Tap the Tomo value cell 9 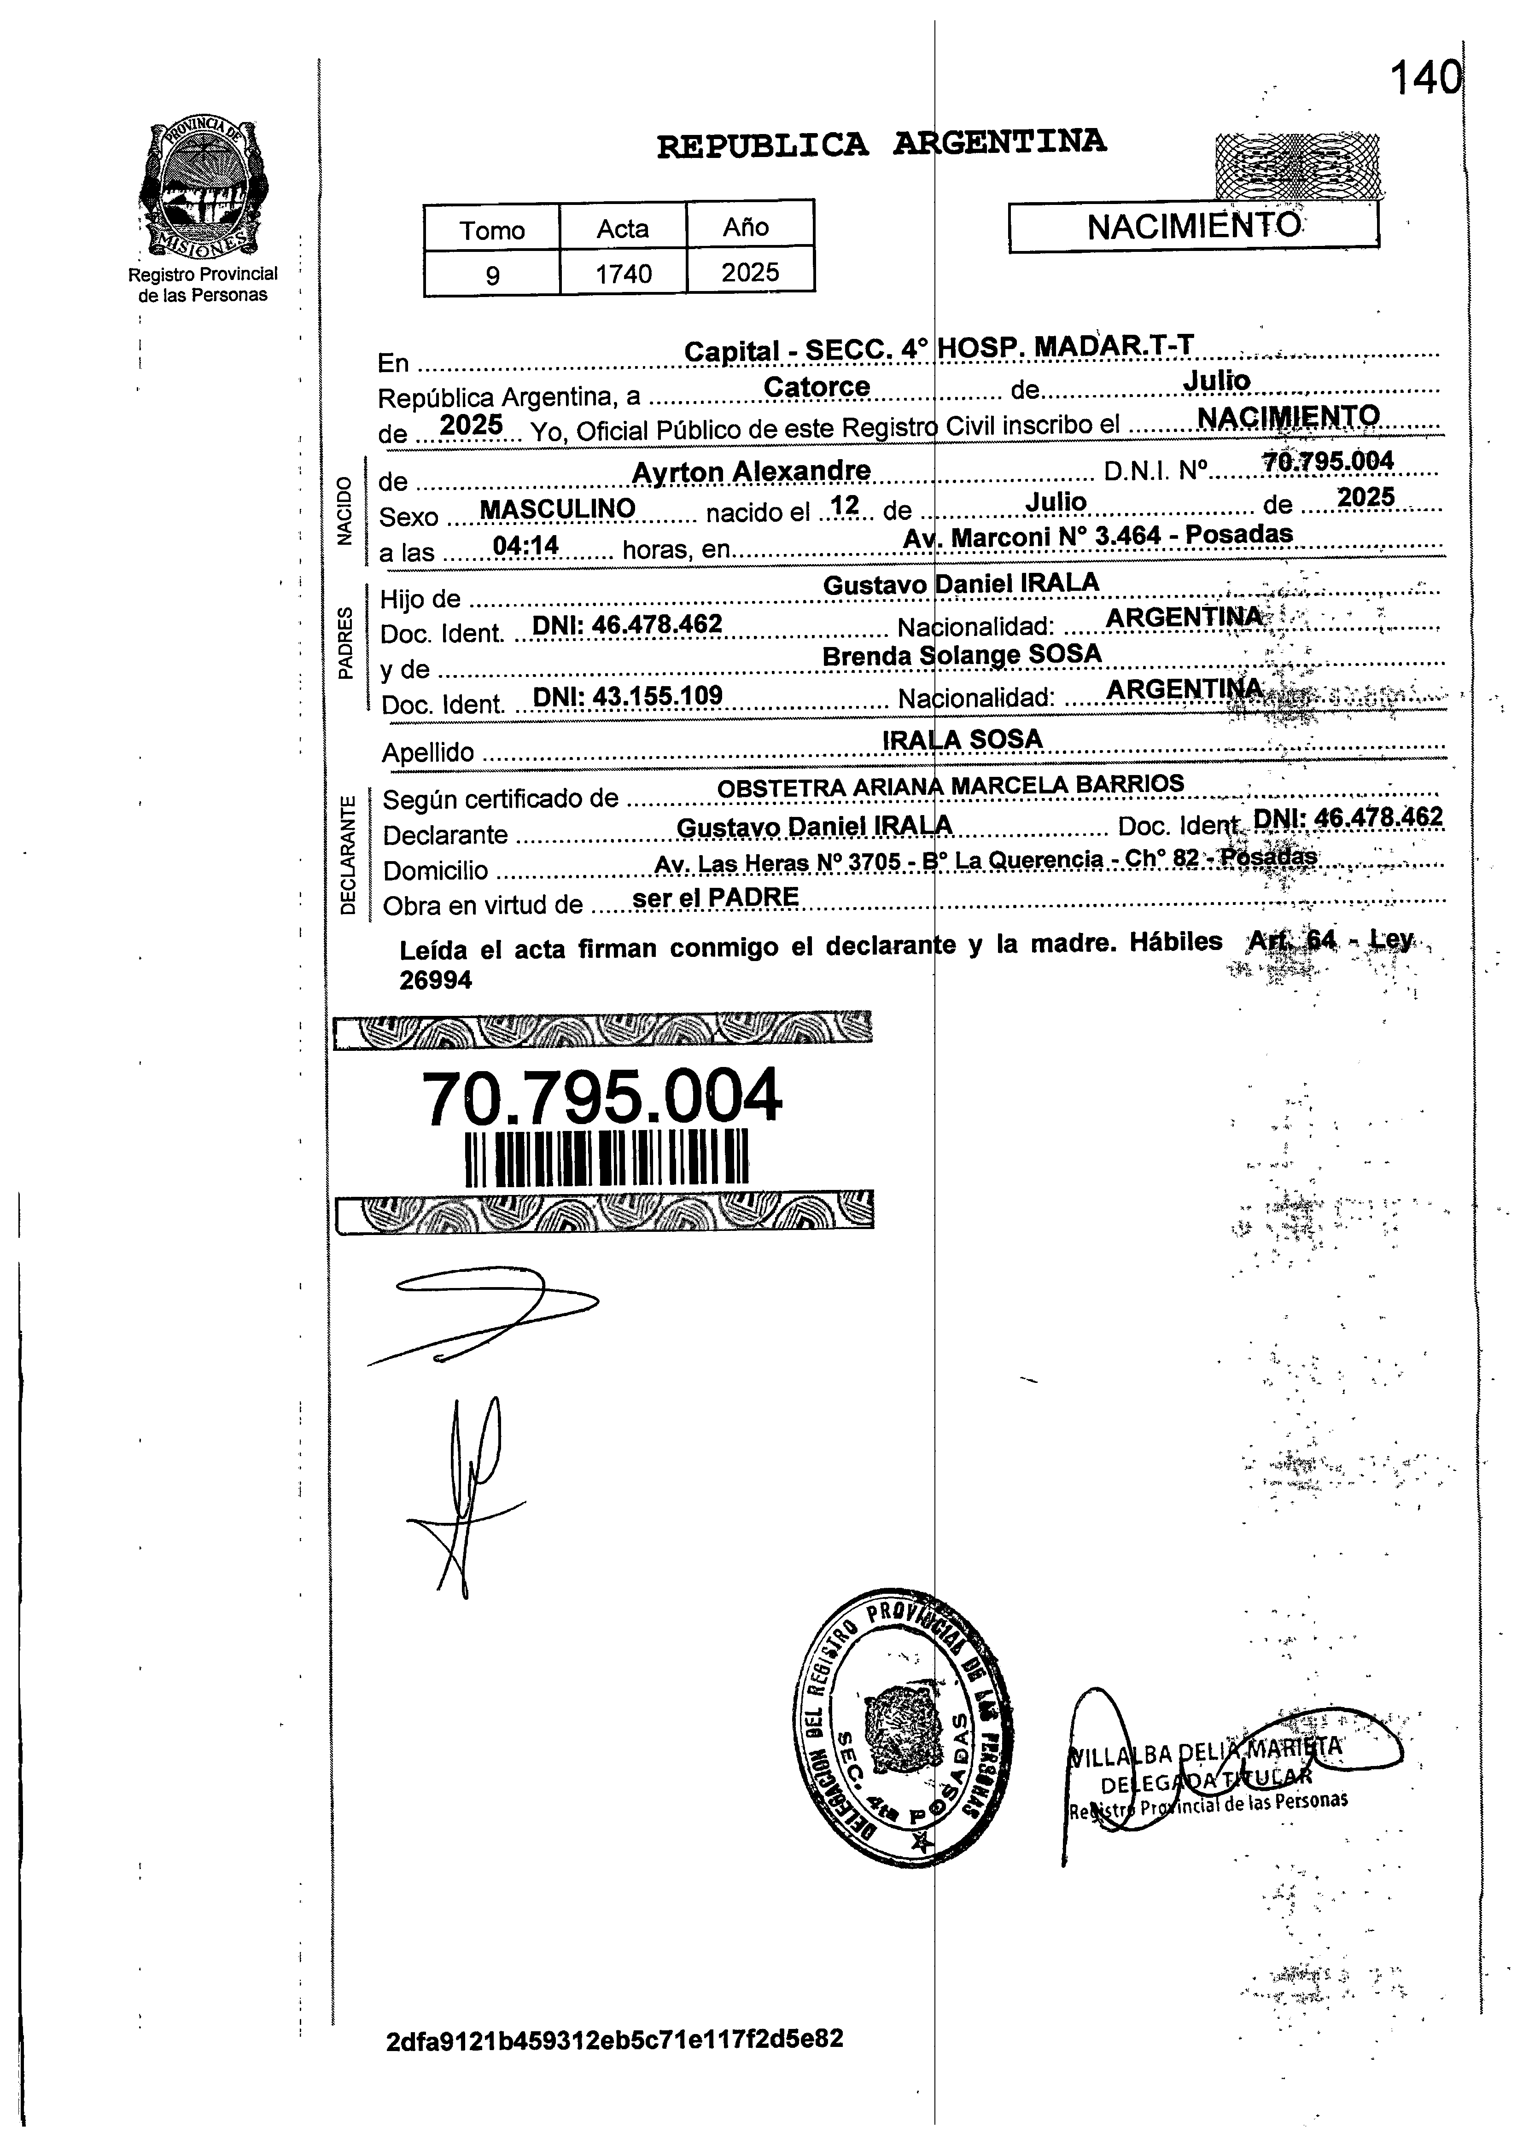[x=492, y=275]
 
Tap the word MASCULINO [x=557, y=509]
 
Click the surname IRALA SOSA [x=962, y=740]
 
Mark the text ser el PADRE [x=716, y=897]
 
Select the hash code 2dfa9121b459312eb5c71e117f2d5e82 [x=614, y=2039]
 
